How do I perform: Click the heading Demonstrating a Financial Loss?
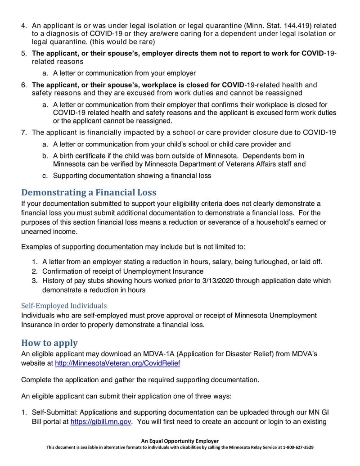(x=89, y=193)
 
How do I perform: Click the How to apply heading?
(x=49, y=343)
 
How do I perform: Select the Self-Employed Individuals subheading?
(x=64, y=306)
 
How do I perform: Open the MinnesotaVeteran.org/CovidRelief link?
(x=117, y=363)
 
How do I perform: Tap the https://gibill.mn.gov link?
(x=101, y=422)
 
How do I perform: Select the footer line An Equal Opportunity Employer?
(x=180, y=441)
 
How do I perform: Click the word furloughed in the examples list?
(x=260, y=262)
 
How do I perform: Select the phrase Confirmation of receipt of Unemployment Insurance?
(x=122, y=271)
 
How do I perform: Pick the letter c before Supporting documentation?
(x=45, y=176)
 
